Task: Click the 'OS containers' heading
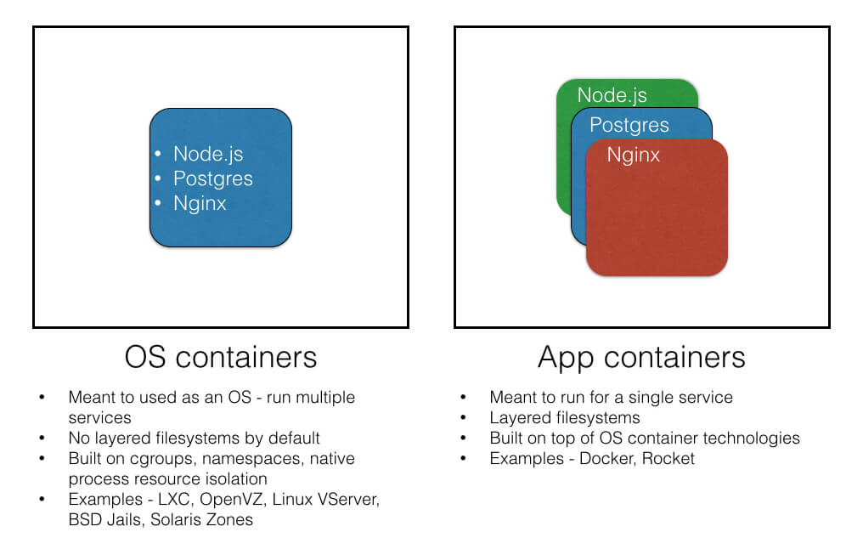click(221, 357)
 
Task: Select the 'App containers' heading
click(641, 357)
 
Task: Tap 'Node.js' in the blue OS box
click(208, 154)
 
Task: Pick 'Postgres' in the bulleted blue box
click(213, 179)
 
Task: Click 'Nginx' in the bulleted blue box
click(200, 204)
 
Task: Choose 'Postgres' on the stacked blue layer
click(629, 126)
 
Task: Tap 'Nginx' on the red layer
click(634, 156)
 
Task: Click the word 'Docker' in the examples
click(602, 459)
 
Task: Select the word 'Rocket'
click(668, 459)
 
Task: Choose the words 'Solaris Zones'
click(201, 520)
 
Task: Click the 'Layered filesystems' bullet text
click(565, 418)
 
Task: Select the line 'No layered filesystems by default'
click(195, 439)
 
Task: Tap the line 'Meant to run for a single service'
click(611, 398)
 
